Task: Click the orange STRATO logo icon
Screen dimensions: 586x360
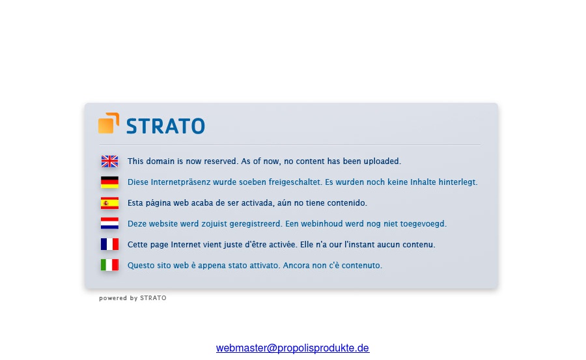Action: pyautogui.click(x=109, y=123)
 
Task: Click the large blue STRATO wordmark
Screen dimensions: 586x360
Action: pyautogui.click(x=165, y=126)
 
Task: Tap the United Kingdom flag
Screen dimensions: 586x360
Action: pyautogui.click(x=109, y=161)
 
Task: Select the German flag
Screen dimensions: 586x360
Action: pyautogui.click(x=109, y=182)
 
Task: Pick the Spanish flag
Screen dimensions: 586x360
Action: pyautogui.click(x=109, y=203)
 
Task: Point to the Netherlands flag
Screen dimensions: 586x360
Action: pyautogui.click(x=109, y=223)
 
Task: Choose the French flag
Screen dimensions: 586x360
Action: pyautogui.click(x=109, y=245)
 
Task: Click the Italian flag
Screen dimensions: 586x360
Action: pyautogui.click(x=109, y=265)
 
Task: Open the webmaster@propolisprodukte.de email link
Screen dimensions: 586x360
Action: pyautogui.click(x=292, y=348)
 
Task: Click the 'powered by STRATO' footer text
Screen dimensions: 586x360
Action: pyautogui.click(x=133, y=298)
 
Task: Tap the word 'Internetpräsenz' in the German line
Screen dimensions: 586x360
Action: pyautogui.click(x=180, y=182)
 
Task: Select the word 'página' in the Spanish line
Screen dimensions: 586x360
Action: pyautogui.click(x=158, y=203)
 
